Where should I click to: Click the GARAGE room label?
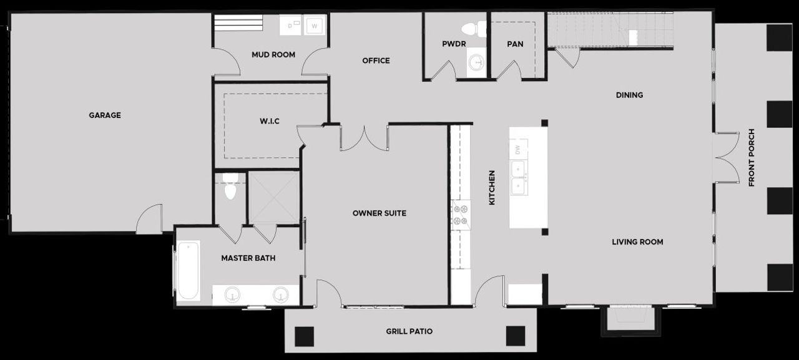point(104,115)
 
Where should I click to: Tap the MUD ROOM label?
point(273,55)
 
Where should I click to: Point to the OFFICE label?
point(376,61)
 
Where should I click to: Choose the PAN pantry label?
point(515,44)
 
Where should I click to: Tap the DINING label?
point(629,95)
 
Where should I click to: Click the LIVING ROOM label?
point(637,242)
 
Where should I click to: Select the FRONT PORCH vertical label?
point(752,158)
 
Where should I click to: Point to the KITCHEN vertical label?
point(492,188)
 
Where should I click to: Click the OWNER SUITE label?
point(379,213)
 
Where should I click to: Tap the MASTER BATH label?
point(248,258)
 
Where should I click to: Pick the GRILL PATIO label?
point(409,331)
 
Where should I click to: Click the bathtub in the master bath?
point(187,271)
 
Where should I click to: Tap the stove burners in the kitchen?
point(461,215)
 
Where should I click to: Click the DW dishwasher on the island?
point(518,150)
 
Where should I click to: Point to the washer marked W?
point(315,27)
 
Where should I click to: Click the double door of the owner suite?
point(364,139)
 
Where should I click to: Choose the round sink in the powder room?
point(476,62)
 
